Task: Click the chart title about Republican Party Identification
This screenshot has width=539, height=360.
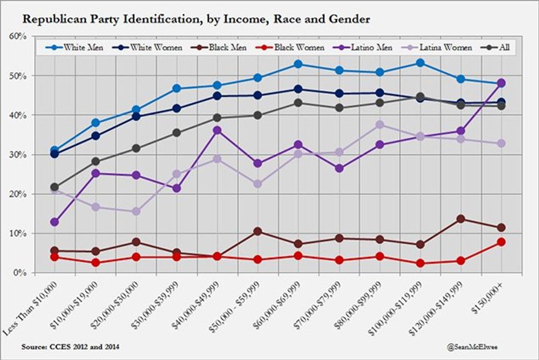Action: [x=196, y=19]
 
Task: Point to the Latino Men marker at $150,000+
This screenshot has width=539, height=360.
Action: [x=501, y=83]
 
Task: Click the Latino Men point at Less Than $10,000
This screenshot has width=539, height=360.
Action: [x=54, y=222]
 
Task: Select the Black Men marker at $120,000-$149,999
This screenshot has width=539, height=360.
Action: [x=460, y=219]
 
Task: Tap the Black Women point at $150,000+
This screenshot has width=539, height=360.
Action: [x=501, y=242]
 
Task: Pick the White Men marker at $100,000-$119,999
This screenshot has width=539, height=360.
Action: [x=420, y=63]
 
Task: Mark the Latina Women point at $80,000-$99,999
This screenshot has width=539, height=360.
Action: [x=380, y=125]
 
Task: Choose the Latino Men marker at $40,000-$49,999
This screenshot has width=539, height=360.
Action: [x=217, y=130]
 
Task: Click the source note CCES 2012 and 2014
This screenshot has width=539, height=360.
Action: [x=70, y=347]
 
